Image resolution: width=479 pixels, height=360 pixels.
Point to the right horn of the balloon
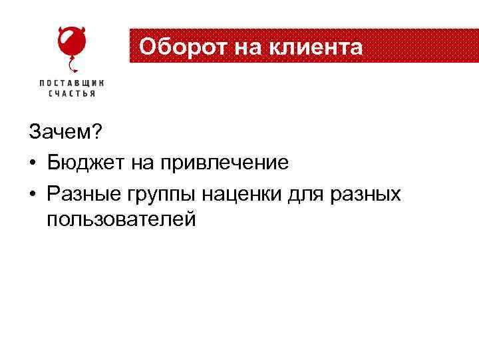(83, 30)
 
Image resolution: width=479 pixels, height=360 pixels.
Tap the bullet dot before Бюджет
(33, 162)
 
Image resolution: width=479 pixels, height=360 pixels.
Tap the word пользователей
(121, 219)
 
